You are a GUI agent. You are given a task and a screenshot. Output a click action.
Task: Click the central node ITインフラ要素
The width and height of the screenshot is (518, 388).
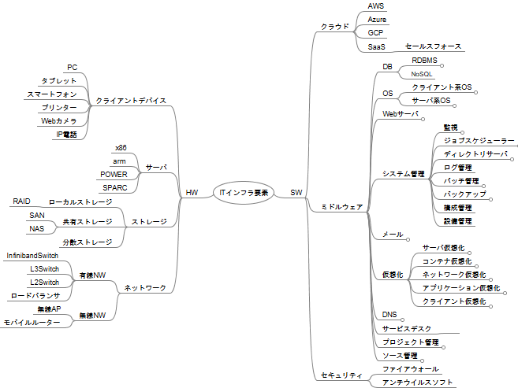[x=244, y=192]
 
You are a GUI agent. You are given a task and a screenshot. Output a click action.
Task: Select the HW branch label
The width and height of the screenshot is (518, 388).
[x=192, y=192]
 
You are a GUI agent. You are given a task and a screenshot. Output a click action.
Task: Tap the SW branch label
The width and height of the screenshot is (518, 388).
[x=296, y=192]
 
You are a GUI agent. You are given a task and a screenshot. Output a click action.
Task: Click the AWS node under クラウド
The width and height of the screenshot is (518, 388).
[x=376, y=6]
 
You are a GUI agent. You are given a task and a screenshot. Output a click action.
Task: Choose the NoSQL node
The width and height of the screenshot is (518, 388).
[x=422, y=73]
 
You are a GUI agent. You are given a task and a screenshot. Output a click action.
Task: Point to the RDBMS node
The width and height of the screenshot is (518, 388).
[x=424, y=60]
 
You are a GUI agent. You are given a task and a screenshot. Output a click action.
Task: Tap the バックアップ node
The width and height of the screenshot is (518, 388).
[x=464, y=194]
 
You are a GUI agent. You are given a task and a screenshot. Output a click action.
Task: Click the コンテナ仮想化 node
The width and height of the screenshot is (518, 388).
[x=447, y=261]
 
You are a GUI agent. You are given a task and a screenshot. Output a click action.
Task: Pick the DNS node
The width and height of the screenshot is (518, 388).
[x=389, y=314]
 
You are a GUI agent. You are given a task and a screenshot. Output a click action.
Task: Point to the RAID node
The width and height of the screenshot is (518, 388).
[x=21, y=201]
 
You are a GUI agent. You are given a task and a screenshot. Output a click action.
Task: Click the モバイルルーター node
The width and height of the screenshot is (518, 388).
[x=32, y=323]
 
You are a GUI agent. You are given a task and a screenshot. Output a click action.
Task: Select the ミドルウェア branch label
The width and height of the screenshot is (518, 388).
[x=342, y=206]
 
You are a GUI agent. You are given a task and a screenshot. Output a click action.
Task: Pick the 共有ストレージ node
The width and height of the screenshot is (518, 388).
[x=84, y=222]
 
